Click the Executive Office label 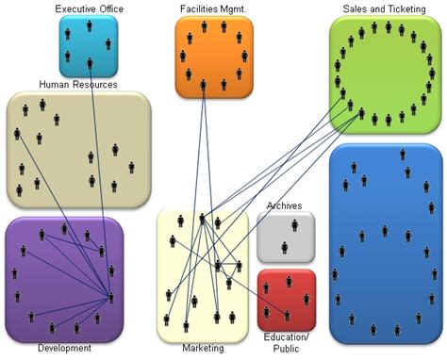(x=90, y=8)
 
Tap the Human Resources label (x=77, y=85)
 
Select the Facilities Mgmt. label (x=213, y=8)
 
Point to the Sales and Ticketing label (x=385, y=8)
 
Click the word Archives (x=285, y=205)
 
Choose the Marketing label (x=203, y=349)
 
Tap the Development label (x=64, y=349)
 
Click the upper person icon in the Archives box (x=296, y=224)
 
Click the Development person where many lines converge (x=111, y=297)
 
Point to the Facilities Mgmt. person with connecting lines (x=202, y=86)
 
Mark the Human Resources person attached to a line (x=17, y=133)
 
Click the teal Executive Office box (x=90, y=47)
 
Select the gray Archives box (x=286, y=237)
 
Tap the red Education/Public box (x=286, y=299)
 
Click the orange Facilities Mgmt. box (x=214, y=57)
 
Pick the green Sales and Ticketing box (x=385, y=75)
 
